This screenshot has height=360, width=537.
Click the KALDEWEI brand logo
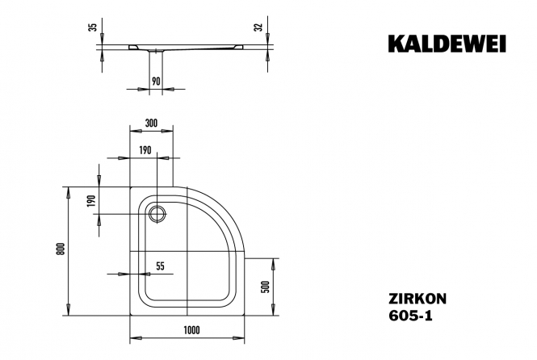tap(447, 44)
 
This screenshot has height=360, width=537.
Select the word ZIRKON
tap(417, 299)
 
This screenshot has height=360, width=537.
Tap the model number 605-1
tap(410, 315)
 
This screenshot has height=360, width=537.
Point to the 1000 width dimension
tap(191, 330)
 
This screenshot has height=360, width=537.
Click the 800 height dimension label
tap(61, 249)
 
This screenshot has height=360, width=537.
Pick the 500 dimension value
tap(266, 287)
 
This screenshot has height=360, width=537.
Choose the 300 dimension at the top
tap(151, 123)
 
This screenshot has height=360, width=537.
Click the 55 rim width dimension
tap(160, 266)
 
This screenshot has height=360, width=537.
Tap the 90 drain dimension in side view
tap(156, 82)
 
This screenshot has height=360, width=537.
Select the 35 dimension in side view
tap(93, 27)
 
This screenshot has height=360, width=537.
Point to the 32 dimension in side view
tap(259, 27)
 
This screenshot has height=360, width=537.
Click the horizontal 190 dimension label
tap(145, 150)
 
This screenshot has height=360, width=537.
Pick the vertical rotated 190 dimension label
tap(90, 201)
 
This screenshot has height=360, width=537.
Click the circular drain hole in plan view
tap(157, 214)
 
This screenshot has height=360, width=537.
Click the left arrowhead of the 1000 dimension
tap(136, 338)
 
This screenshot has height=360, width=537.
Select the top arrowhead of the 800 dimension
tap(69, 193)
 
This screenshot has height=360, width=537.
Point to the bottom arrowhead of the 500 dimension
tap(273, 309)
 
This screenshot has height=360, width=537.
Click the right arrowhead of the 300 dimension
tap(167, 131)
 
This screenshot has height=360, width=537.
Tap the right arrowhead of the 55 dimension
tap(145, 274)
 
